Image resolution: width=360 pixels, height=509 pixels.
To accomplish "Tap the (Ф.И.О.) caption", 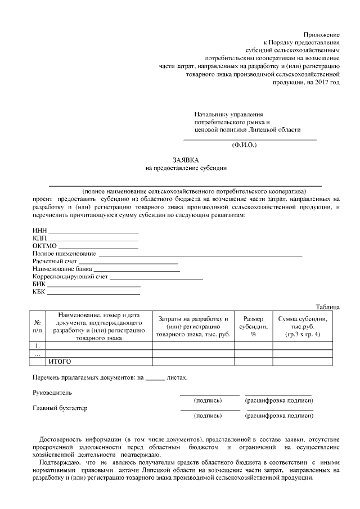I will [244, 145].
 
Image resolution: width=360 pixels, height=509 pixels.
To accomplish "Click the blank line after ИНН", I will [93, 232].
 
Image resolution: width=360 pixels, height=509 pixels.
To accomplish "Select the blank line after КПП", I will [93, 240].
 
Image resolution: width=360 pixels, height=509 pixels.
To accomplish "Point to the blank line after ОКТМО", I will [98, 247].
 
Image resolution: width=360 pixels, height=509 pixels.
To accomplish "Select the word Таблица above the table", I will [327, 307].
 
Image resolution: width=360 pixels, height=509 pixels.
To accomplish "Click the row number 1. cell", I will [38, 346].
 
